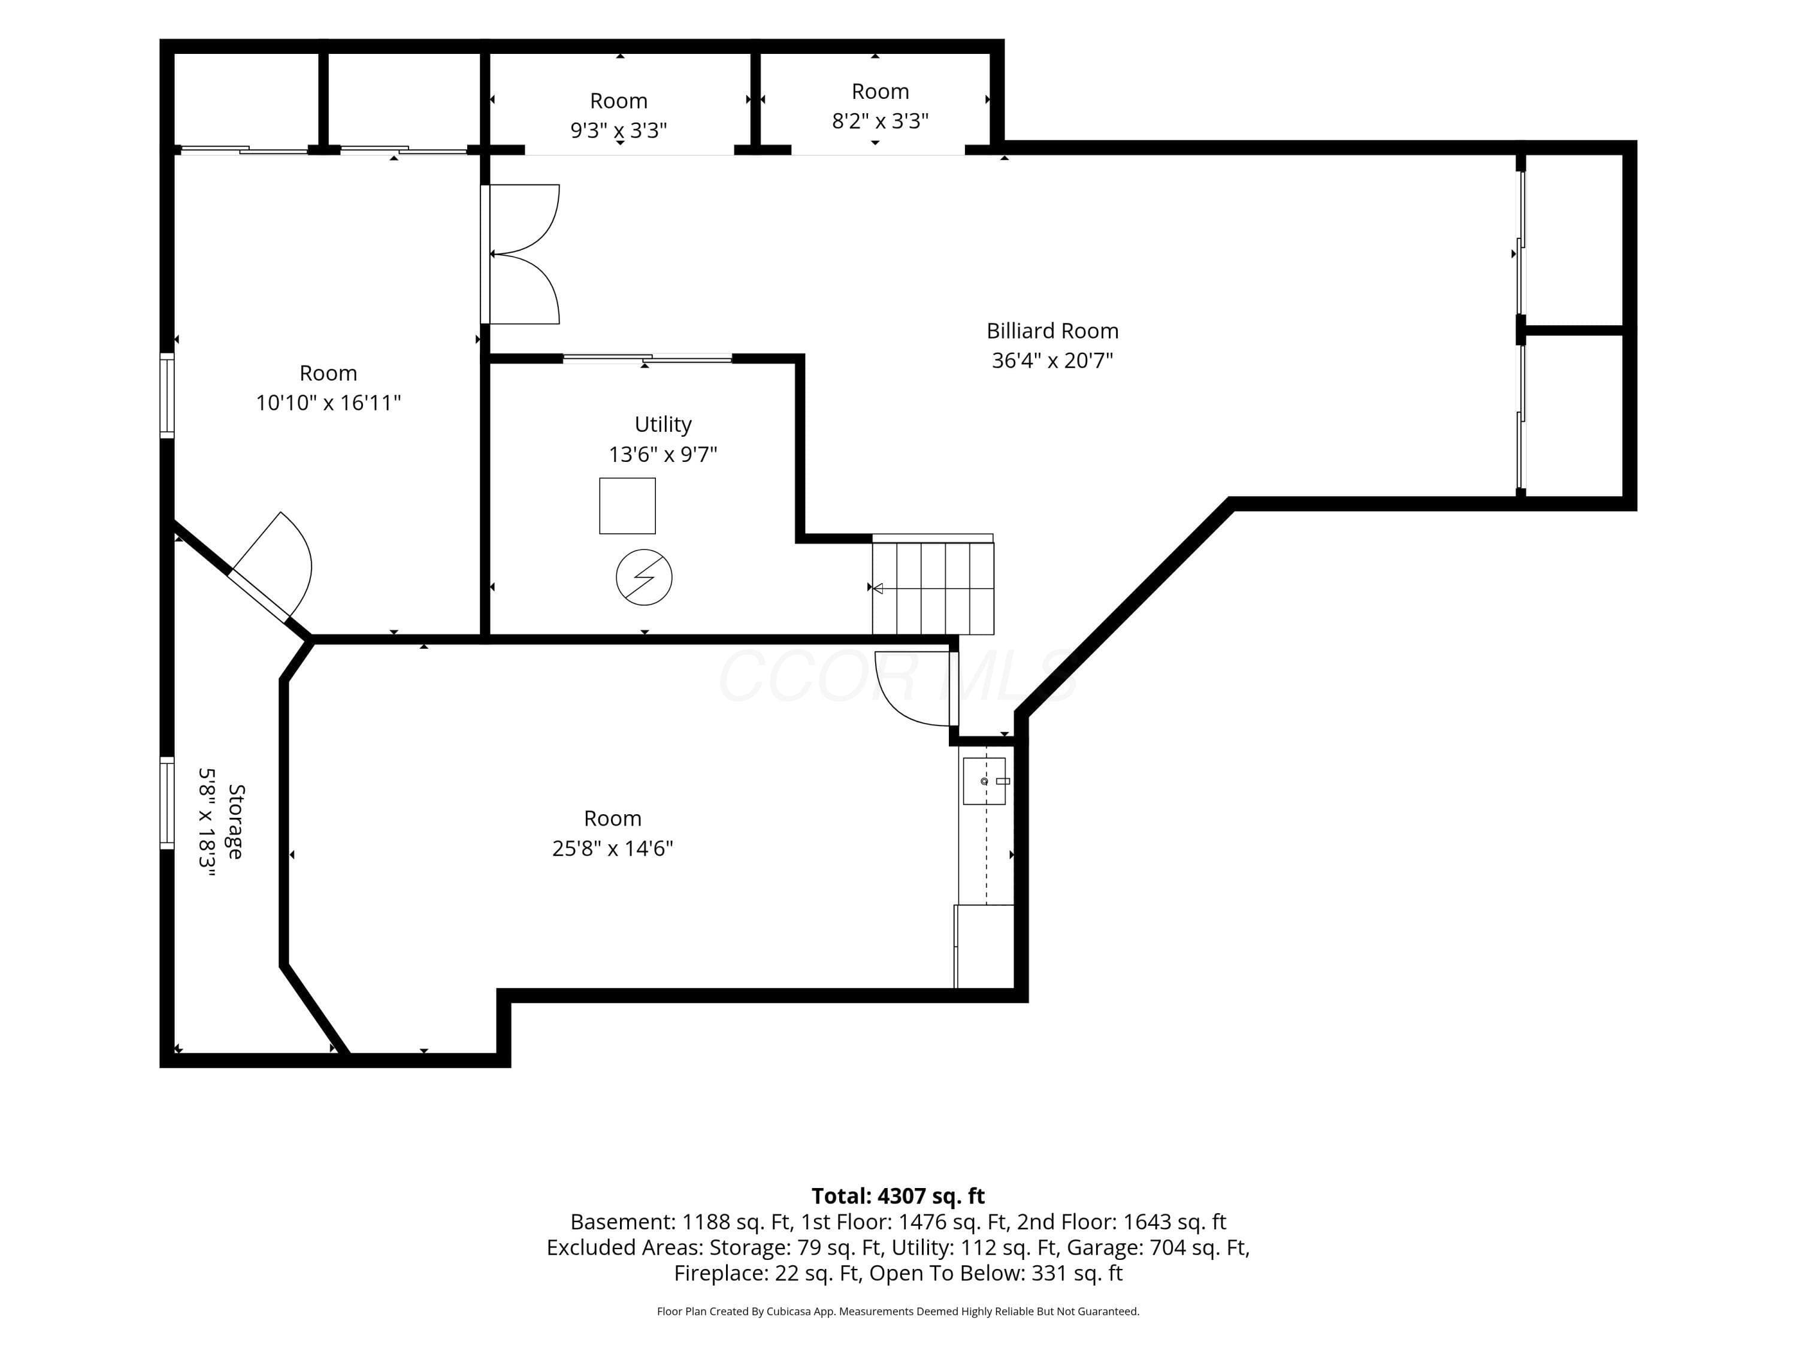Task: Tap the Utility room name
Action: coord(663,424)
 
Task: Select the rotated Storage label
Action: coord(235,821)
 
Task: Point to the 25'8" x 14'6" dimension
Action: coord(613,848)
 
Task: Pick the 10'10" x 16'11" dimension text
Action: coord(328,402)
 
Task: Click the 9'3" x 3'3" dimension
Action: coord(618,130)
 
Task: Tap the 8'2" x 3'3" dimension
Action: coord(880,120)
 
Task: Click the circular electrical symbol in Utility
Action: coord(644,578)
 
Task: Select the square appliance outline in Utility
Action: coord(627,506)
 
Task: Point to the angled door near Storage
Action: coord(270,567)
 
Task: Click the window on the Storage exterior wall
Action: coord(167,803)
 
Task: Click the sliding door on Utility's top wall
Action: coord(648,358)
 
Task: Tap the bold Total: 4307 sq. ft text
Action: coord(898,1196)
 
